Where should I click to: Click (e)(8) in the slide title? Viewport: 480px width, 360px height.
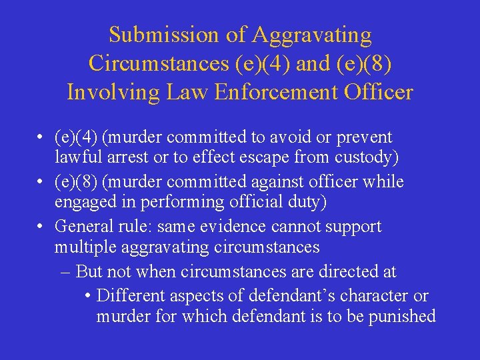point(365,63)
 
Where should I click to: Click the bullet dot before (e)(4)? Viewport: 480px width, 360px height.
point(41,138)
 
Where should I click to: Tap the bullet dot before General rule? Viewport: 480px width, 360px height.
point(41,227)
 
